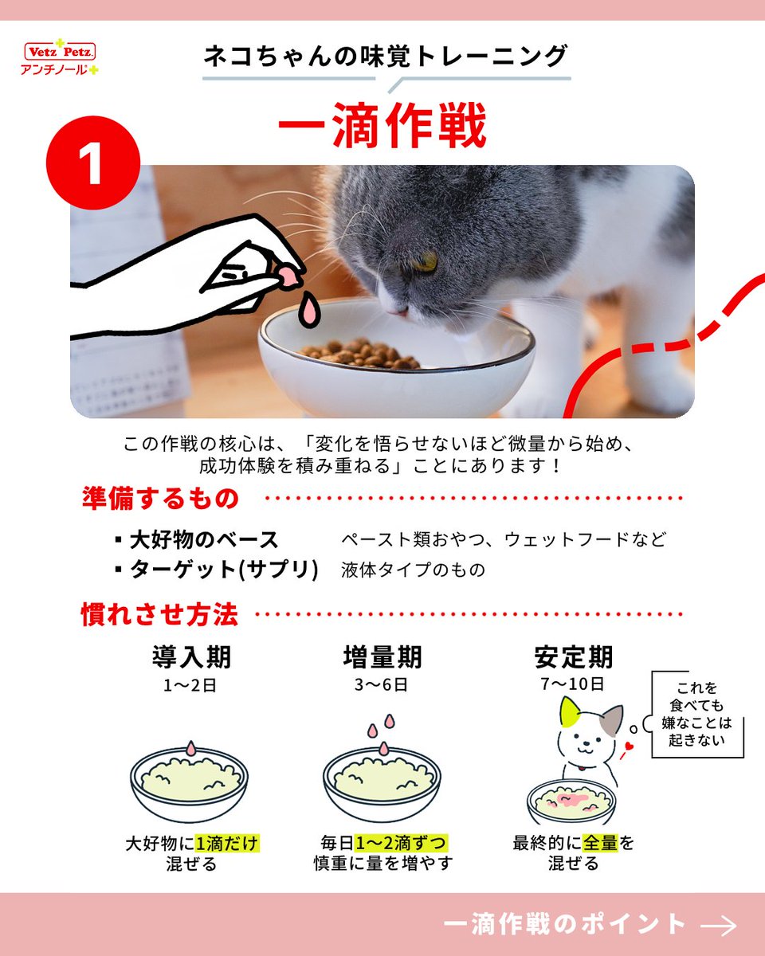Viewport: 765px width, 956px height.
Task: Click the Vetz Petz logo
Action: [x=60, y=57]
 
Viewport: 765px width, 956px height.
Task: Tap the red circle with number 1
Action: [x=93, y=163]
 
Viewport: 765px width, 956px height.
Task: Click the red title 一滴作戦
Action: [x=382, y=124]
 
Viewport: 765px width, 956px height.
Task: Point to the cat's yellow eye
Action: [x=426, y=261]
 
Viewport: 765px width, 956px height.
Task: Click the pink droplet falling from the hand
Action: [x=309, y=309]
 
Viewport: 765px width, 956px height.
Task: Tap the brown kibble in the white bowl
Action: [x=360, y=353]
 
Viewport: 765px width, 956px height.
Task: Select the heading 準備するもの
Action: [x=160, y=498]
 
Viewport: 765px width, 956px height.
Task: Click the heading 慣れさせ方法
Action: [x=159, y=614]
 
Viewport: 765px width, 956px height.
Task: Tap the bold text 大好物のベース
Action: [x=203, y=540]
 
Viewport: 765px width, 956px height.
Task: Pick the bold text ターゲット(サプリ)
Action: [x=224, y=569]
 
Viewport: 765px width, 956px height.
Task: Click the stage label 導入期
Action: [x=191, y=657]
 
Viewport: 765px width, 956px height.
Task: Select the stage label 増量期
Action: [x=382, y=657]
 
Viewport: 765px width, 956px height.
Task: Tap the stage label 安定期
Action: [x=574, y=657]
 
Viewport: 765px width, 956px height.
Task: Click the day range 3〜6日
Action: [x=381, y=684]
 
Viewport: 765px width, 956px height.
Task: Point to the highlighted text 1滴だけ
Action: [x=227, y=843]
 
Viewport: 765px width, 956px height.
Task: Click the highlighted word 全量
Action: [x=600, y=842]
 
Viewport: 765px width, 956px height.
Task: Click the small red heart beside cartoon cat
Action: [x=628, y=746]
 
